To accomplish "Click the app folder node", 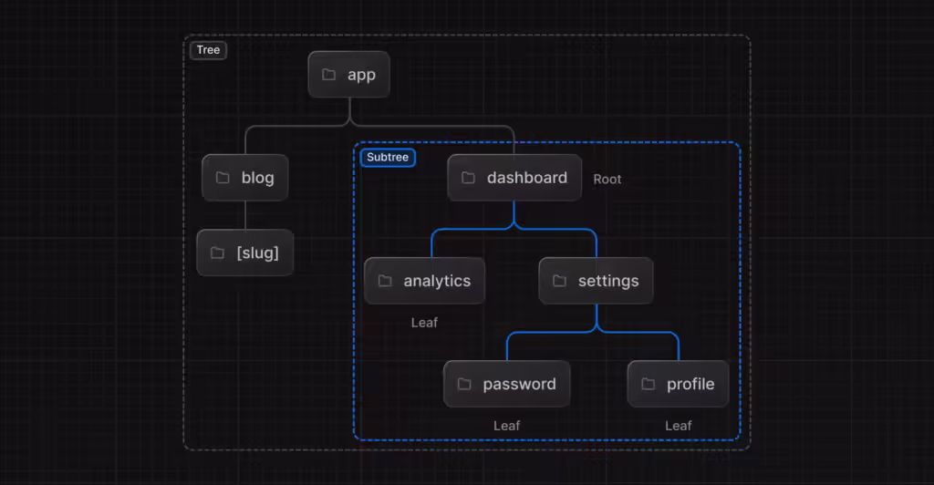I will tap(348, 75).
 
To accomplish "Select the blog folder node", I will tap(244, 178).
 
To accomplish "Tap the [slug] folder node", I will tap(244, 253).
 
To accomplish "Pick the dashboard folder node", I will tap(514, 178).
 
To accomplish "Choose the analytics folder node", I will tap(424, 281).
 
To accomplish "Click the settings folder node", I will tap(596, 281).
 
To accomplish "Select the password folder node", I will tap(506, 384).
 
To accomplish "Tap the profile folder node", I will tap(678, 384).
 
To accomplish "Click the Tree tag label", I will tap(208, 50).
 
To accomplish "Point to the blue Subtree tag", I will tap(388, 158).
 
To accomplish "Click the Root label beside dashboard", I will tap(607, 180).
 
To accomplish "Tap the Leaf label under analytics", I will tap(424, 323).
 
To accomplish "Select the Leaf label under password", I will tap(507, 426).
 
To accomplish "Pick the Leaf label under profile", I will tap(678, 426).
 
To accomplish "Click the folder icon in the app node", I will tap(328, 75).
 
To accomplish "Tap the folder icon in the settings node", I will tap(559, 281).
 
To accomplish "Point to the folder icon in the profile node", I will tap(648, 384).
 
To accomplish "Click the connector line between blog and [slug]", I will tap(244, 215).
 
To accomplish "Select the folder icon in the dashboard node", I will tap(468, 178).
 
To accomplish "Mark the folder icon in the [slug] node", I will tap(217, 253).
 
